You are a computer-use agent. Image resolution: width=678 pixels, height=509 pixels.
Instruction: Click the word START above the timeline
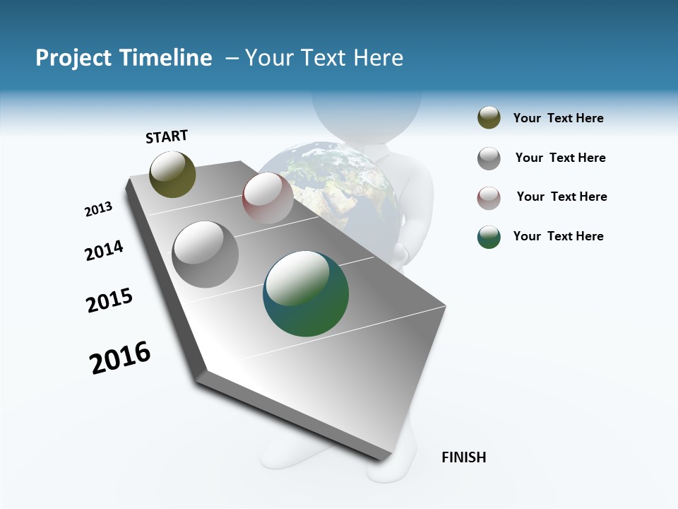coord(167,136)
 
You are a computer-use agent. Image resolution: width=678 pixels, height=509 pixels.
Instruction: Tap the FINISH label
coord(463,457)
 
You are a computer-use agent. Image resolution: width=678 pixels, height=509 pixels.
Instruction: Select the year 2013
coord(98,209)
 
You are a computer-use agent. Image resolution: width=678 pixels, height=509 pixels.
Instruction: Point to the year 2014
coord(104,250)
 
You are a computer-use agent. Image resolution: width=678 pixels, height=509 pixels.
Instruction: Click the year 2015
coord(109,300)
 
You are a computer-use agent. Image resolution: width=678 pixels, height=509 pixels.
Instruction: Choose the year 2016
coord(120,357)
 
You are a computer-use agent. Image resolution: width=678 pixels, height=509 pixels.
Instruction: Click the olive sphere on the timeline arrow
coord(172,174)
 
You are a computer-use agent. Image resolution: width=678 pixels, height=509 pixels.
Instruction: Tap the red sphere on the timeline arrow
coord(268,197)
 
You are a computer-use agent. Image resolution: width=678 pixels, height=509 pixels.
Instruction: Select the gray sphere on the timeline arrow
coord(206,254)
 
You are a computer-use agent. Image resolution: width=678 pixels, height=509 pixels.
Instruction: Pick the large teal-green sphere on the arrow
coord(306,293)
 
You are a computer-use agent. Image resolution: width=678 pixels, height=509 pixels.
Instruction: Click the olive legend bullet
coord(489,118)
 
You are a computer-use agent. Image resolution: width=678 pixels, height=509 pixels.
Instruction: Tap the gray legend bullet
coord(489,158)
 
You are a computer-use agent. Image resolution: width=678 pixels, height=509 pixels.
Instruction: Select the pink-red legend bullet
coord(489,198)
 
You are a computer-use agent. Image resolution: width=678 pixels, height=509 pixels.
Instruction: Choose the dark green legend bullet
coord(489,237)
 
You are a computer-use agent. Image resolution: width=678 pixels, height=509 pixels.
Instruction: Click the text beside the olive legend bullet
coord(558,118)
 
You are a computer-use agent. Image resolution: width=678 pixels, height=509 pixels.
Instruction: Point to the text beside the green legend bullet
coord(558,236)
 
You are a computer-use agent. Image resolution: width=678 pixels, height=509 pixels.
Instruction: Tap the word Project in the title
coord(74,58)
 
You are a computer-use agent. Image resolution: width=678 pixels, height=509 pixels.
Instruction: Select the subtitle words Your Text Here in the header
coord(323,58)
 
